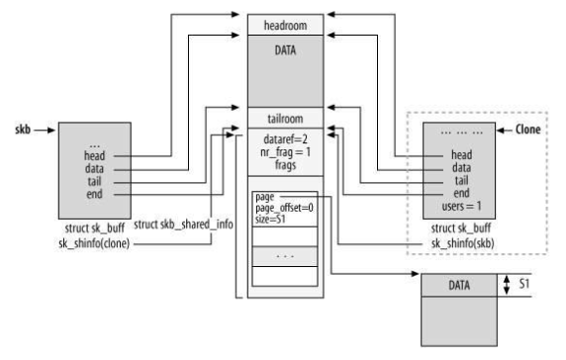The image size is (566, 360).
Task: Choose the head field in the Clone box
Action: point(461,154)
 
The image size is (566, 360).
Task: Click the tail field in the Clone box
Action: point(461,181)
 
